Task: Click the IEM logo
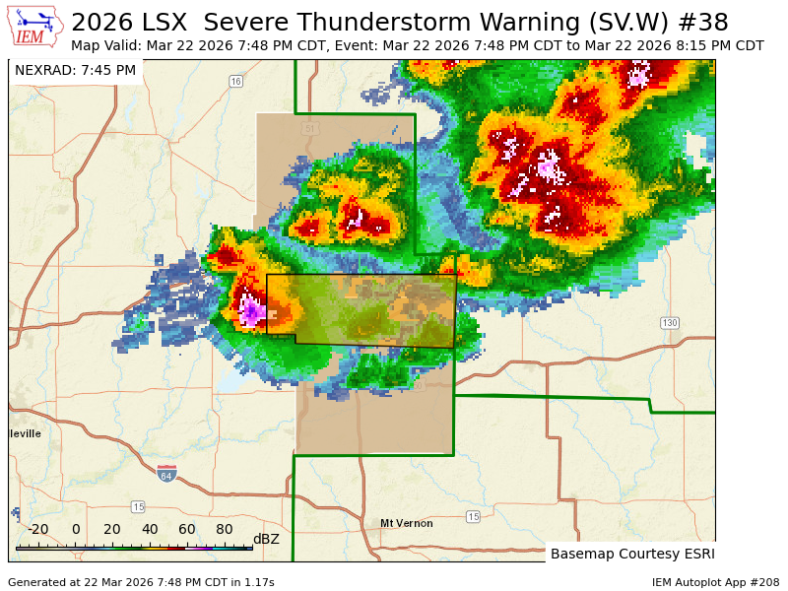point(36,27)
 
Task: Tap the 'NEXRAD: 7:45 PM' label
point(76,70)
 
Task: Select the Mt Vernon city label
point(407,523)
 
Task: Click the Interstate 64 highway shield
point(166,474)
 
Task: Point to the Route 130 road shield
point(670,323)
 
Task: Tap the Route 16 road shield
point(235,82)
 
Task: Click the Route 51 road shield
point(311,129)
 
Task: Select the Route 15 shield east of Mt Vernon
point(473,516)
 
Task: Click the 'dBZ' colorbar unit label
point(266,539)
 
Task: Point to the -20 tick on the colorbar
point(37,529)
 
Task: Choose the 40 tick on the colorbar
point(150,529)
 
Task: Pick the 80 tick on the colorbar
point(224,529)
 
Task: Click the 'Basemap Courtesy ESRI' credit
point(632,554)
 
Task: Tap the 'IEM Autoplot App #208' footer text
point(715,582)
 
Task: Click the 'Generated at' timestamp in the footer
point(141,582)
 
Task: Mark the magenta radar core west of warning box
point(251,312)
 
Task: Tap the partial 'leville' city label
point(26,433)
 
